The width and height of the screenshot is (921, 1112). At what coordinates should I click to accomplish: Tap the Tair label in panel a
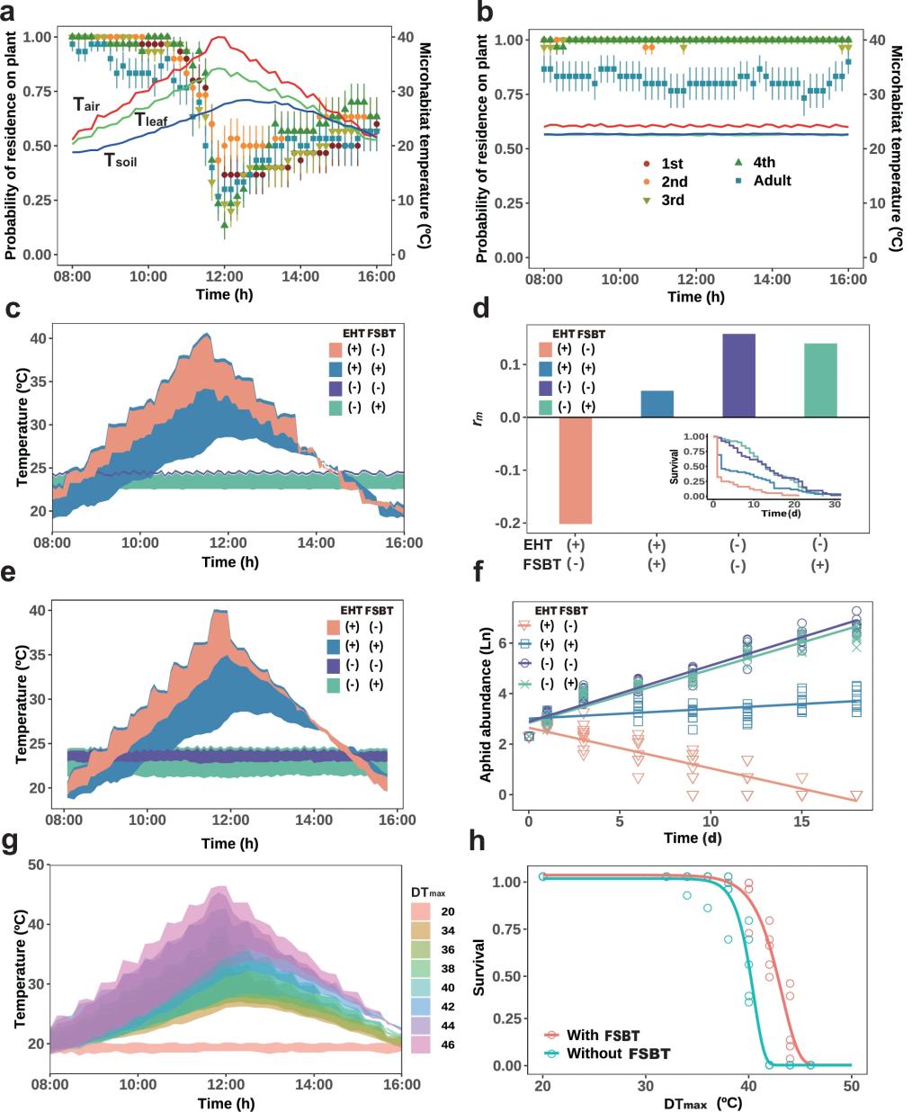(x=86, y=105)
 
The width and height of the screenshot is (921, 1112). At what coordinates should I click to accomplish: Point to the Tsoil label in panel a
(x=121, y=162)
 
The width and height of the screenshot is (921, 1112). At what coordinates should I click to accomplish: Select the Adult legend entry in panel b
(x=772, y=181)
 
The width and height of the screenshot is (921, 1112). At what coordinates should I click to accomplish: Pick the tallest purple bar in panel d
(x=737, y=375)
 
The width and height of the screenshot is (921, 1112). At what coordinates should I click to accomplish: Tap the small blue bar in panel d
(x=657, y=404)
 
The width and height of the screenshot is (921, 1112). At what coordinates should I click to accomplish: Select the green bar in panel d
(x=819, y=381)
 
